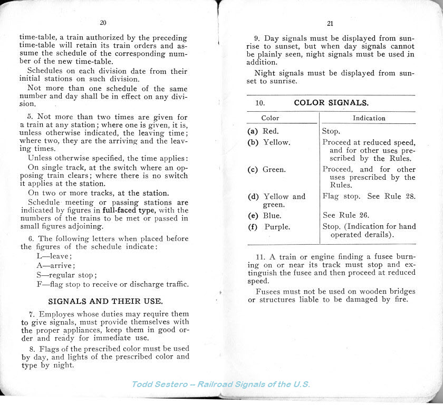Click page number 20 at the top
pyautogui.click(x=103, y=22)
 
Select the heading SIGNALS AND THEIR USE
pyautogui.click(x=105, y=302)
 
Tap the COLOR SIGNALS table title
pyautogui.click(x=331, y=102)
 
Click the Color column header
pyautogui.click(x=270, y=118)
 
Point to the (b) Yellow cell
pyautogui.click(x=268, y=142)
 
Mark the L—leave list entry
pyautogui.click(x=53, y=256)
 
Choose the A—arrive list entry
pyautogui.click(x=55, y=266)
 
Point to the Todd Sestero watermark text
pyautogui.click(x=220, y=384)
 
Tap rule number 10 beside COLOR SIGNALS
pyautogui.click(x=260, y=103)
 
